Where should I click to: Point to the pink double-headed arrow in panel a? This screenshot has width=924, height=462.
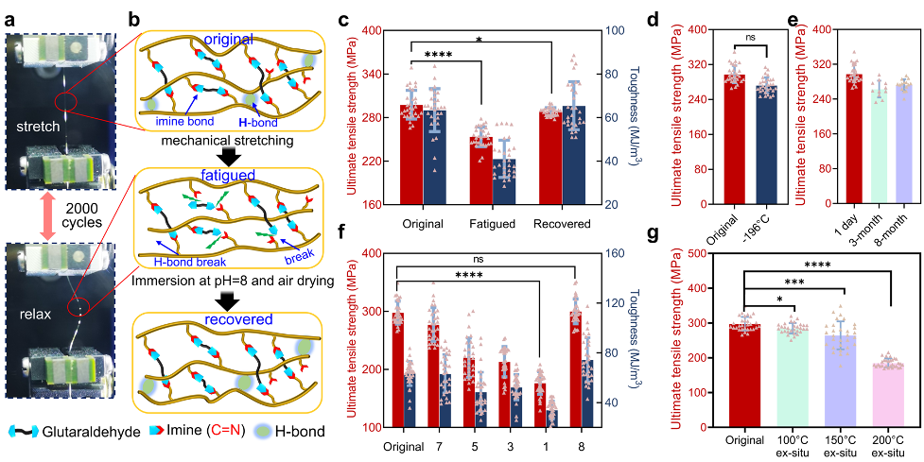pos(37,215)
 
